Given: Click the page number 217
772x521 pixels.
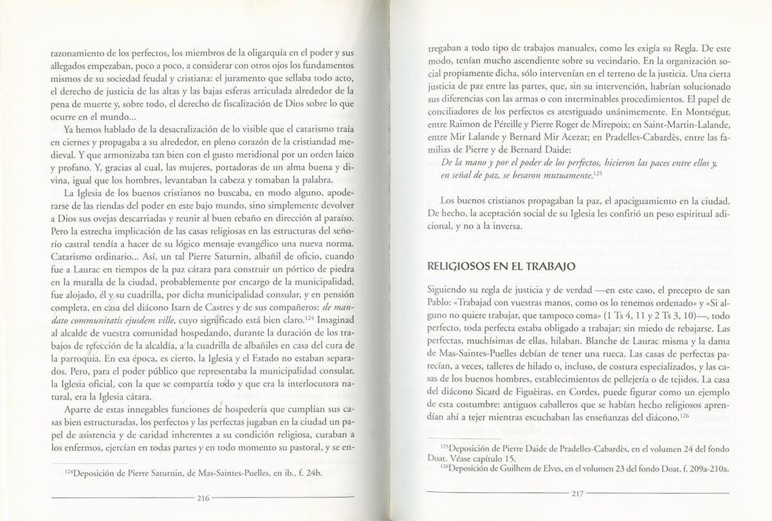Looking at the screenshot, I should [576, 495].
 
